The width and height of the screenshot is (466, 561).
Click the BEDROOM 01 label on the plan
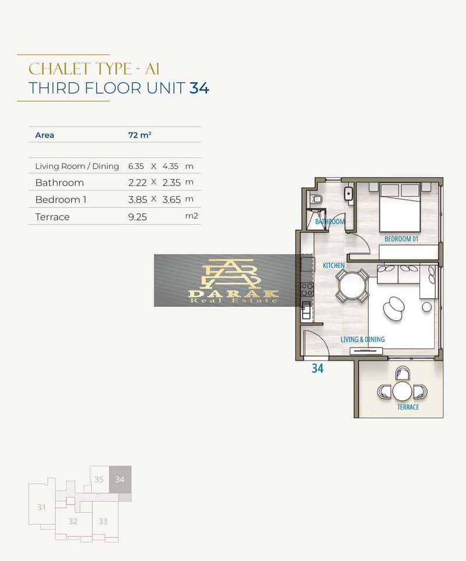click(401, 239)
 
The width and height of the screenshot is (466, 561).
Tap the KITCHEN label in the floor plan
click(333, 265)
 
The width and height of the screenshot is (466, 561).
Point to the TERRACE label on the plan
click(408, 407)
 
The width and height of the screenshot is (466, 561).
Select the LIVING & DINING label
click(362, 339)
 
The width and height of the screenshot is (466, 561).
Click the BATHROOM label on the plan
click(330, 222)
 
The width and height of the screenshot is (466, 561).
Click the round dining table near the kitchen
click(352, 285)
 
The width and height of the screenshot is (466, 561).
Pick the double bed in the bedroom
click(400, 208)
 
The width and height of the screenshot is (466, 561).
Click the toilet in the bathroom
click(316, 198)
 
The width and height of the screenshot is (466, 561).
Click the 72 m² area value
click(140, 135)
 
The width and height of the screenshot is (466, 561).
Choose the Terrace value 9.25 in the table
click(137, 217)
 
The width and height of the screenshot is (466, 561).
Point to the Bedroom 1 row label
click(61, 200)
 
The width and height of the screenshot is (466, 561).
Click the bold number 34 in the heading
click(199, 88)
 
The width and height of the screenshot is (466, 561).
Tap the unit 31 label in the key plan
click(41, 507)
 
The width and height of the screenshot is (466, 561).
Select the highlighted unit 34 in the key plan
click(120, 480)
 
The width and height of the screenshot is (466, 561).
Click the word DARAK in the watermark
click(233, 294)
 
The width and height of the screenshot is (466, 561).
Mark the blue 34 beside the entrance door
click(317, 368)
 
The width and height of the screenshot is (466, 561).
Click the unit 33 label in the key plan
click(103, 521)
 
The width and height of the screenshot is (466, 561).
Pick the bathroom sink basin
click(349, 194)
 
